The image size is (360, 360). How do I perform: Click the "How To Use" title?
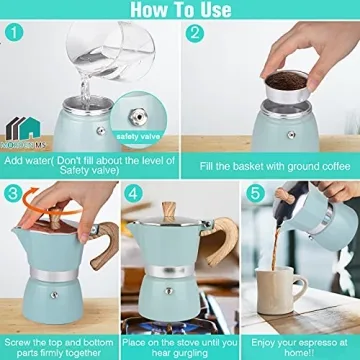[x=181, y=11]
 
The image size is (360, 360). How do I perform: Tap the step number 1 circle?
[x=13, y=33]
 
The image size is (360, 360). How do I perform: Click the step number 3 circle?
[x=13, y=193]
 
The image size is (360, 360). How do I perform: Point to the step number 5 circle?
[x=256, y=193]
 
